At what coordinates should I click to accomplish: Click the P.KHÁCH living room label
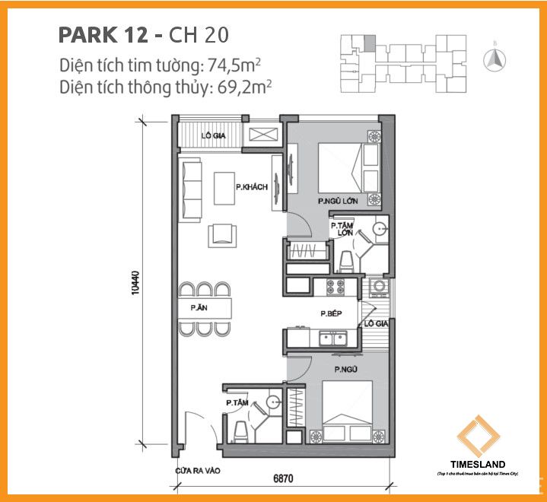[x=252, y=187]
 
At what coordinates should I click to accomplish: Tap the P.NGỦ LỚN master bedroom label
[x=338, y=202]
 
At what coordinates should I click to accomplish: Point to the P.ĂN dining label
[x=199, y=308]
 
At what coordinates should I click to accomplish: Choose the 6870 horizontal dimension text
[x=283, y=480]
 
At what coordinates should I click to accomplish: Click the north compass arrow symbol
[x=495, y=56]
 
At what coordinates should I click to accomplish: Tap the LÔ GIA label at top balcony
[x=212, y=137]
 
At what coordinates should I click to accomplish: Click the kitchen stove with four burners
[x=335, y=288]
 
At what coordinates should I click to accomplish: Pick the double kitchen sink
[x=334, y=338]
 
